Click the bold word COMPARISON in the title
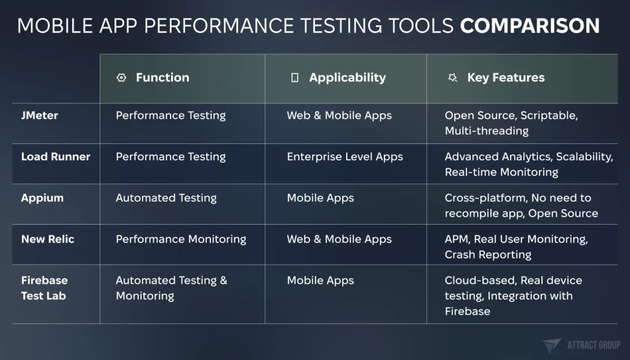[x=530, y=25]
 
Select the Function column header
[x=162, y=77]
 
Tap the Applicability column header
[x=347, y=78]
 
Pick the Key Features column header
[x=506, y=78]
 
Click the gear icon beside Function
[x=121, y=78]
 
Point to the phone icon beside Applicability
[x=295, y=78]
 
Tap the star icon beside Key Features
[x=453, y=78]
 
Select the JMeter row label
[x=39, y=115]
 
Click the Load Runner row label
[x=55, y=157]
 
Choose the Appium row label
[x=42, y=198]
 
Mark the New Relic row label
[x=47, y=239]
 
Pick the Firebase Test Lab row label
[x=44, y=288]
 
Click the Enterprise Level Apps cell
[x=345, y=157]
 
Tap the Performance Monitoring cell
[x=181, y=239]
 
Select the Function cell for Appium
[x=166, y=198]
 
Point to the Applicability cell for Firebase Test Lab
[x=320, y=281]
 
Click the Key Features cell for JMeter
[x=511, y=123]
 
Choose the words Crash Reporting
[x=488, y=255]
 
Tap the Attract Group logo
[x=581, y=345]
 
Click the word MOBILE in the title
[x=55, y=25]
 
